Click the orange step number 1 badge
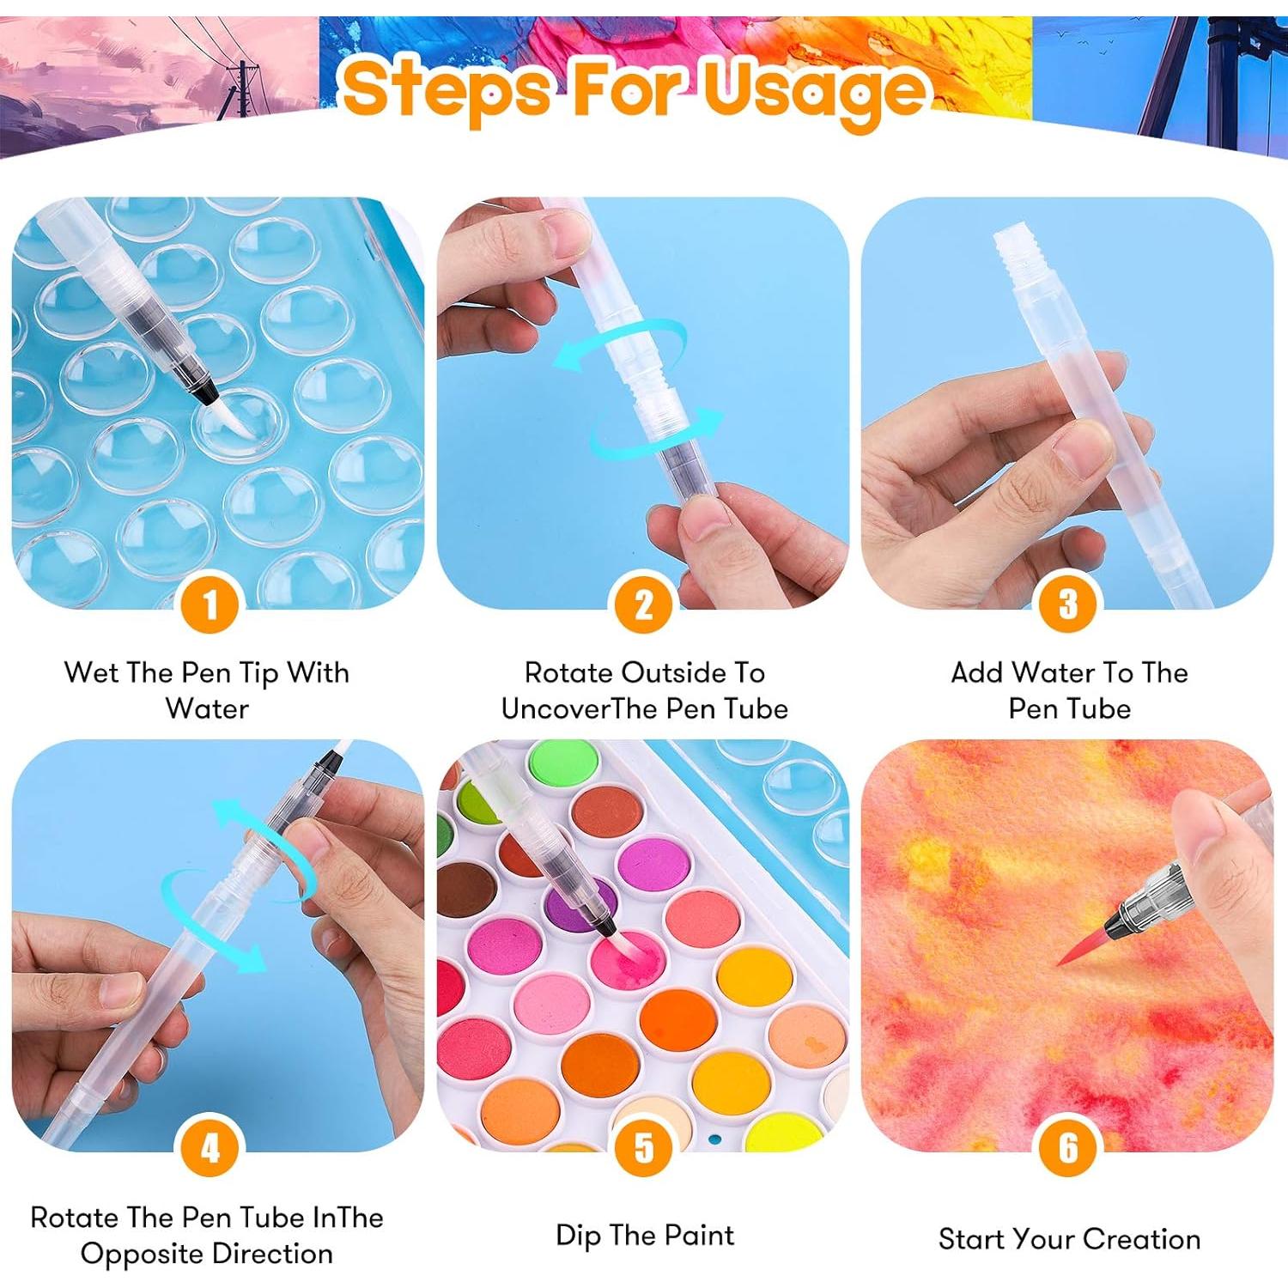click(210, 604)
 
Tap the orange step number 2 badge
click(644, 604)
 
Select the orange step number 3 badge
click(1068, 604)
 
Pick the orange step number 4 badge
click(210, 1147)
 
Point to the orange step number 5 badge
click(644, 1147)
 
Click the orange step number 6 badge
click(1068, 1147)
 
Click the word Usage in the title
click(816, 90)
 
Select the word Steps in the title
click(447, 88)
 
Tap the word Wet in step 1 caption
click(92, 672)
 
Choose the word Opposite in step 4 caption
click(136, 1255)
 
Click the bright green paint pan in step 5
click(554, 762)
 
